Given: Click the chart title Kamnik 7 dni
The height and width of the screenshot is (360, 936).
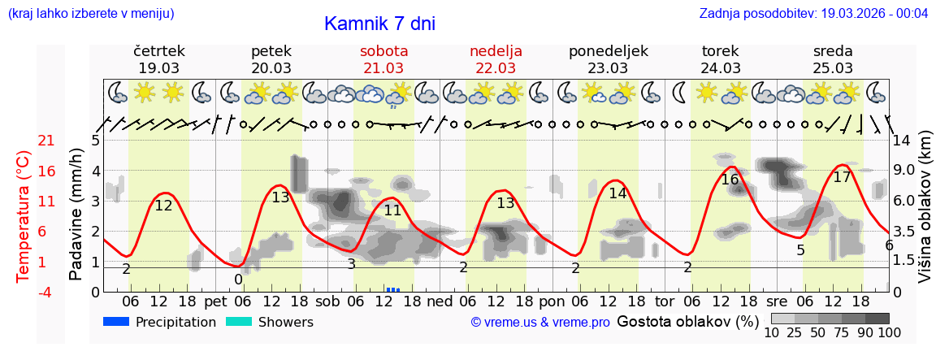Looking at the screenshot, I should tap(379, 24).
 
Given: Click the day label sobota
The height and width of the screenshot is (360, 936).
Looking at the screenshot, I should tap(383, 51).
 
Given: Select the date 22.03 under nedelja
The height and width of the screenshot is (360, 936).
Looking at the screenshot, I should tap(496, 68).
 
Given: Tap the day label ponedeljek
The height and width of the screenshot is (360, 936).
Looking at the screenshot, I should tap(608, 51).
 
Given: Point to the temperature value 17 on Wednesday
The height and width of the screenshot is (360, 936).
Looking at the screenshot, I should tap(842, 177).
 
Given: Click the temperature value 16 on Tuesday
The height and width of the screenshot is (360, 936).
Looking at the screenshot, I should tap(730, 180).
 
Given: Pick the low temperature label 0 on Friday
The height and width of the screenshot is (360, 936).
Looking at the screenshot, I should tap(238, 280).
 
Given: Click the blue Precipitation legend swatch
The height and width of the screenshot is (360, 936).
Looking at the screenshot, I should tap(116, 322).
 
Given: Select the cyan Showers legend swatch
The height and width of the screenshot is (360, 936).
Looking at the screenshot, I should tap(239, 322).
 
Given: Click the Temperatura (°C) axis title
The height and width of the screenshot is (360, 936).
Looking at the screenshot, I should tap(23, 215).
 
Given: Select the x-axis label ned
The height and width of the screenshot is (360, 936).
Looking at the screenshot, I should tap(440, 301).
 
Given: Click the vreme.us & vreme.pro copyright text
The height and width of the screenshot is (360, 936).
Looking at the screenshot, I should tap(540, 323).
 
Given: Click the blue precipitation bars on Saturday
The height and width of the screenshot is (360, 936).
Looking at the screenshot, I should tap(393, 289).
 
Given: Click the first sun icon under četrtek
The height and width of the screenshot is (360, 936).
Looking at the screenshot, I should tap(145, 92).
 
